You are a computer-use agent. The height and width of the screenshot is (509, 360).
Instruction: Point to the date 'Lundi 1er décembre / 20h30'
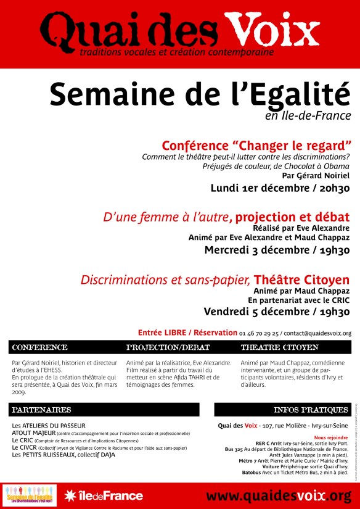(x=280, y=188)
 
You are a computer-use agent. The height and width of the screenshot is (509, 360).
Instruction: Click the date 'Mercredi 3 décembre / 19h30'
(x=277, y=250)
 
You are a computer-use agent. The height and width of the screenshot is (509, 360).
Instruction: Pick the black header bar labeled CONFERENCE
(x=65, y=347)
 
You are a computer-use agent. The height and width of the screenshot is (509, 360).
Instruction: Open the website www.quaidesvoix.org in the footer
(x=279, y=496)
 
